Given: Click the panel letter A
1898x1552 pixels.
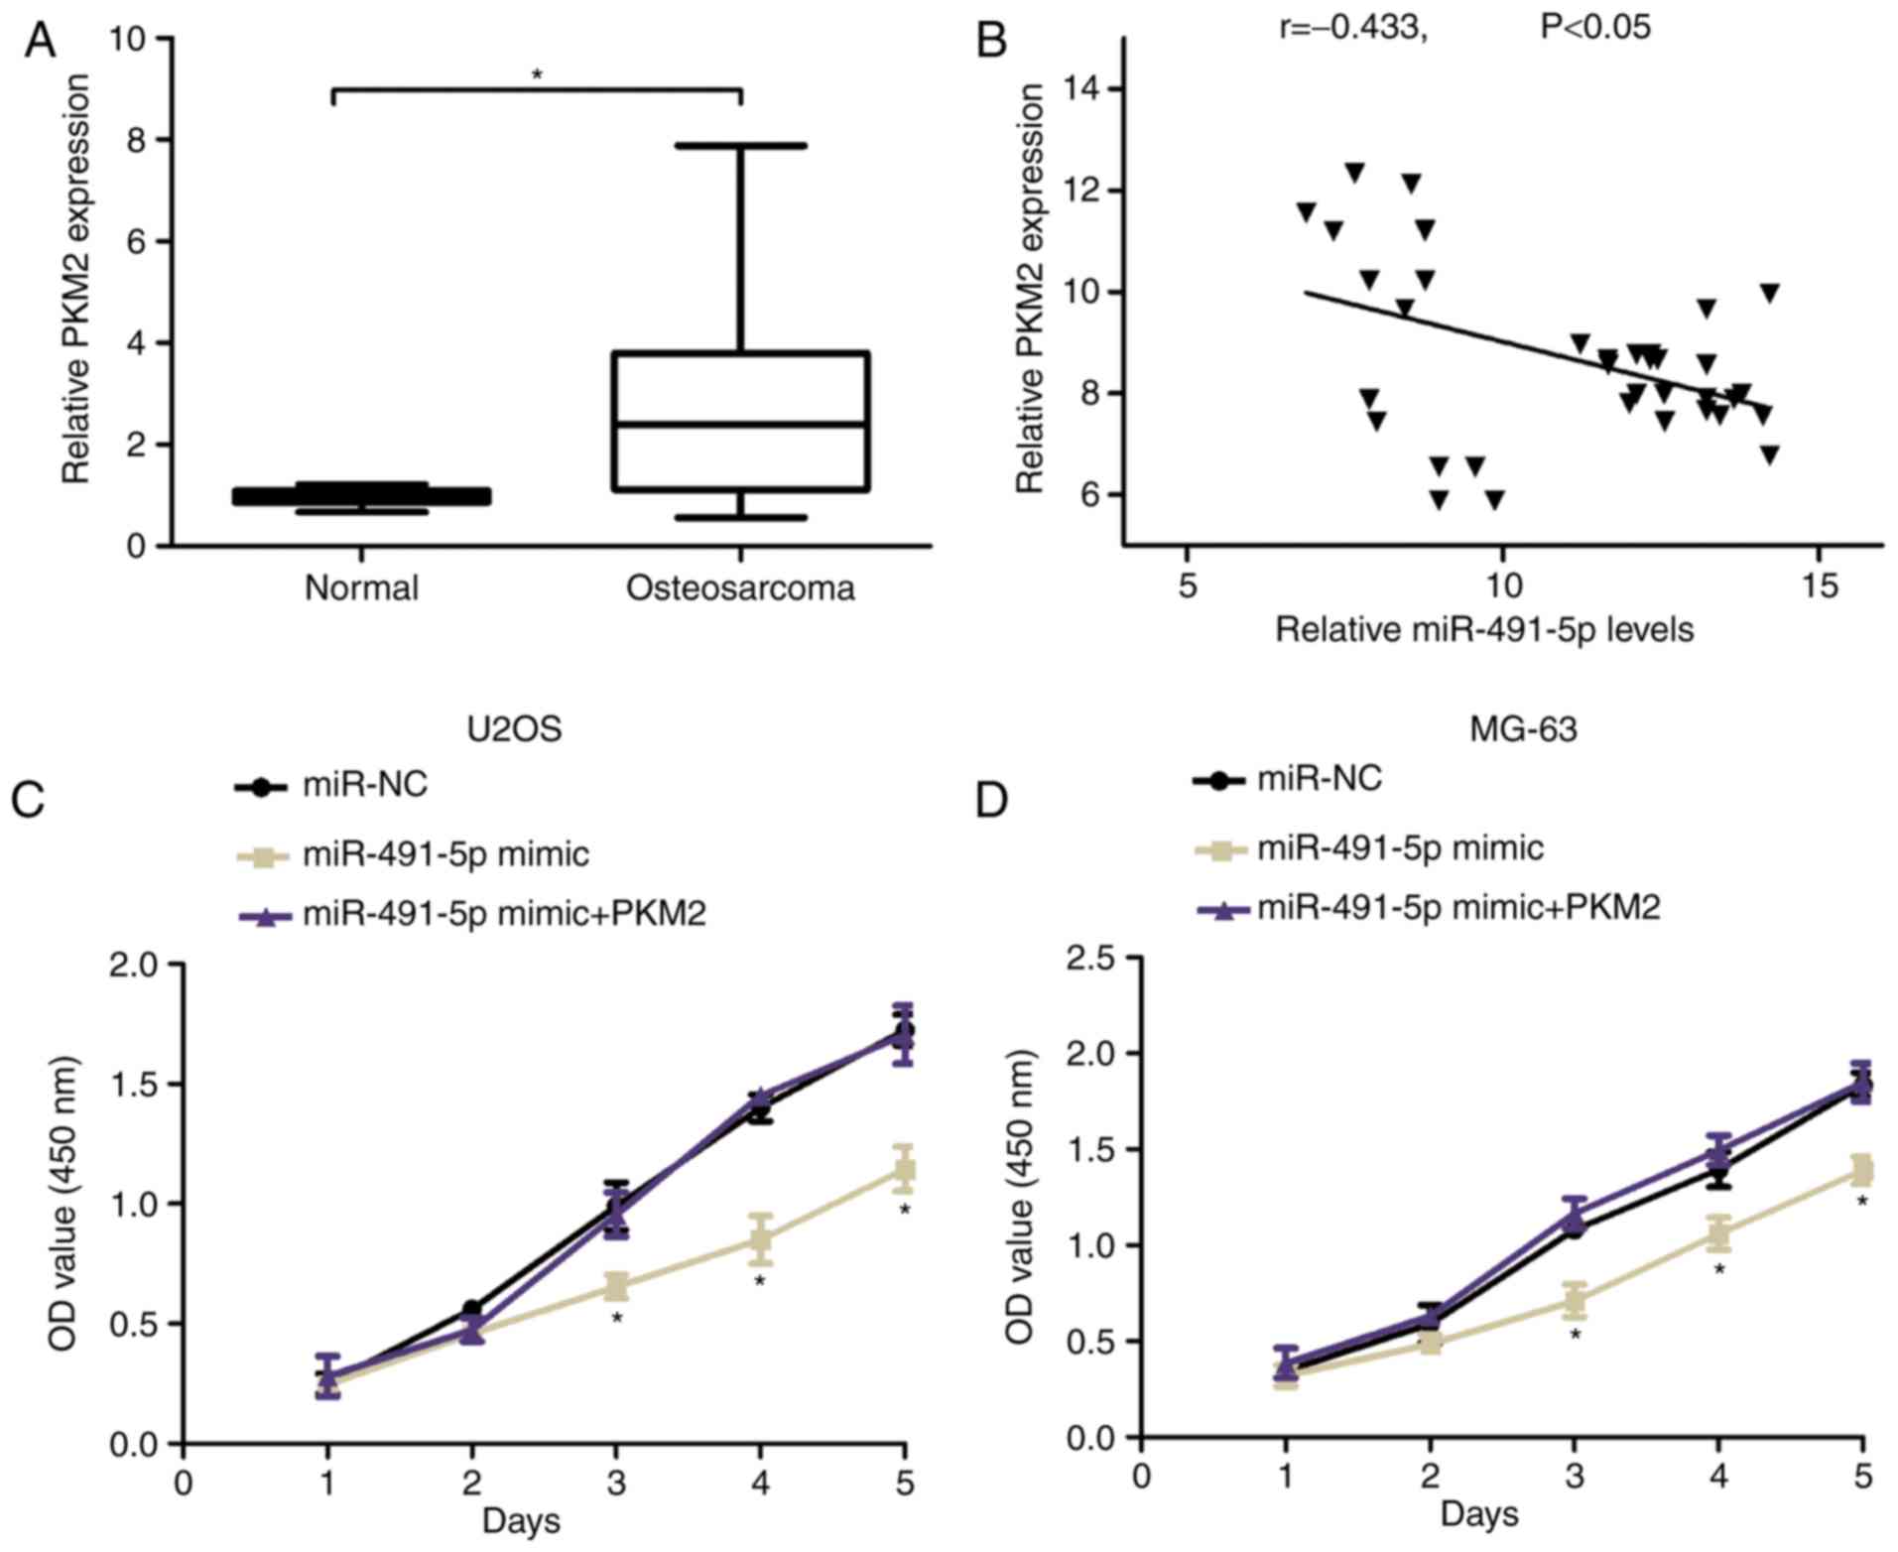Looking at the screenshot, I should (39, 41).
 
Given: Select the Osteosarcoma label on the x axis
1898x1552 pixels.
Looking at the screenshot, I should (740, 587).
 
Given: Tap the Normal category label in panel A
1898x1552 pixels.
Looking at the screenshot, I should (361, 587).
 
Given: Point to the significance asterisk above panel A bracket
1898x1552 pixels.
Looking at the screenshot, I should (537, 74).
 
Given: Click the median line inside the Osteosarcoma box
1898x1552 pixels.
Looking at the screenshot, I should (741, 424).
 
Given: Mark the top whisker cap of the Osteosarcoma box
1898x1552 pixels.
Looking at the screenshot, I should (741, 146).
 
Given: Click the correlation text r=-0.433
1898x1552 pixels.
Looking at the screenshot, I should (1353, 27).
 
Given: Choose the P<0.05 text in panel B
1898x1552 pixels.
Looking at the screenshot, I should (1595, 27).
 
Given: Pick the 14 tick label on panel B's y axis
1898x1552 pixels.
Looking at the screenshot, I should (1083, 89).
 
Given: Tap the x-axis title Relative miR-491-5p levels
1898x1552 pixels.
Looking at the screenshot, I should (1484, 629).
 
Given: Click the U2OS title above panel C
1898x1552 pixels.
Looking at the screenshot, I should (514, 729).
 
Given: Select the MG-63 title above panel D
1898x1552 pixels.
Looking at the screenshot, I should (1523, 729).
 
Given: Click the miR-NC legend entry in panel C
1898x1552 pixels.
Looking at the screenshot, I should (365, 785).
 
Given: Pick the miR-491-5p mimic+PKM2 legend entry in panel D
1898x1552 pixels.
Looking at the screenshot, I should (1458, 906).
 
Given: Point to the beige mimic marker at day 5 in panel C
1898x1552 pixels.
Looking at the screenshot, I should (904, 1169).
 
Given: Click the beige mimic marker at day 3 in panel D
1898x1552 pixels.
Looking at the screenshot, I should (1574, 1300).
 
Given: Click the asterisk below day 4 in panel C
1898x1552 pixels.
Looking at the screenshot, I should (760, 1281).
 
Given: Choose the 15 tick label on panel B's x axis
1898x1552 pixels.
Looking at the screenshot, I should (1819, 586).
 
